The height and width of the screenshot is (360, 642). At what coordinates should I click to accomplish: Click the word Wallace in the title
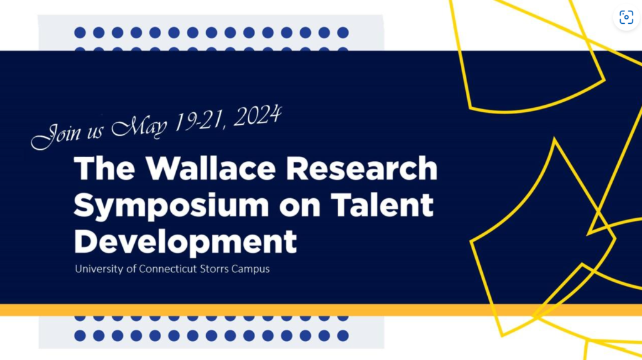[x=211, y=168]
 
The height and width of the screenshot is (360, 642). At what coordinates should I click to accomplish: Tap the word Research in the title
[x=362, y=168]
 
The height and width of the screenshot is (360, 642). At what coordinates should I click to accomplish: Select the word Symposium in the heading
[x=171, y=206]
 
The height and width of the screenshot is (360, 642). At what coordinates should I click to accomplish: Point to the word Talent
[x=382, y=204]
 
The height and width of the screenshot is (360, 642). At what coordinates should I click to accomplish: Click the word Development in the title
[x=185, y=242]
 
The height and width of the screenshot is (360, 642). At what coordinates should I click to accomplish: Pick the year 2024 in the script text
[x=258, y=116]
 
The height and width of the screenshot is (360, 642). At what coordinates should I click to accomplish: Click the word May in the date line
[x=140, y=127]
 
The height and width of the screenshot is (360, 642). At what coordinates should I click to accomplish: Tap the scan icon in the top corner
[x=626, y=17]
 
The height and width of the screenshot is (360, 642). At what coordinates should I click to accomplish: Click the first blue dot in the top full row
[x=80, y=33]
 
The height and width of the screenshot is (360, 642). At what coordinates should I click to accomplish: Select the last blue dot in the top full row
[x=343, y=33]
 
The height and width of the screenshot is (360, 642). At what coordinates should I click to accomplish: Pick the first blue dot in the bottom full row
[x=80, y=336]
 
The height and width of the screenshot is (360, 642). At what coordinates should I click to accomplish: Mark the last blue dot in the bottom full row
[x=343, y=336]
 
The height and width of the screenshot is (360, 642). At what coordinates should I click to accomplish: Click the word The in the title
[x=105, y=168]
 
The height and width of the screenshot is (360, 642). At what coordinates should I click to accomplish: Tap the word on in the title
[x=300, y=207]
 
